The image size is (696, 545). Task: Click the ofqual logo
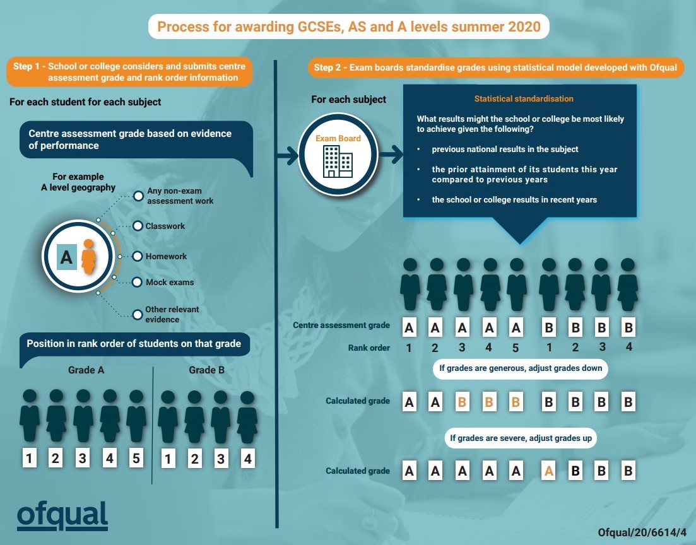coord(62,516)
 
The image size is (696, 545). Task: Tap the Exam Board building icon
coord(338,161)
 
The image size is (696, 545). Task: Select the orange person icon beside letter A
coord(89,257)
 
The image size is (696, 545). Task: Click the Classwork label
coord(165,226)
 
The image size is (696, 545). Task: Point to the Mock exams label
coord(170,282)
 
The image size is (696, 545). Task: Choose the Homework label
coord(166,257)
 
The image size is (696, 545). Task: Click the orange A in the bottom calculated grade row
coord(548,471)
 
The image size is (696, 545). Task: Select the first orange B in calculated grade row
coord(462,402)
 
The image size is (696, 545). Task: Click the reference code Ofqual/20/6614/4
coord(642,532)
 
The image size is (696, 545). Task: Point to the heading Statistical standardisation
coord(524,99)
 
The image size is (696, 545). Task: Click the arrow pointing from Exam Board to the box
coord(391,155)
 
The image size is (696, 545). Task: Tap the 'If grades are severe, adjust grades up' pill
coord(521,438)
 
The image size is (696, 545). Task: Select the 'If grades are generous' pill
coord(520,368)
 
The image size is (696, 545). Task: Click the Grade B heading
coord(206,370)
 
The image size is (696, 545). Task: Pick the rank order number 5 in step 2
coord(516,348)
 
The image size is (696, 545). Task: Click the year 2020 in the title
coord(524,26)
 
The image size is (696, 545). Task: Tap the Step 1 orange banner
coord(129,71)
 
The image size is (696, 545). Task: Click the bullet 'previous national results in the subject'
coord(505,149)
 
